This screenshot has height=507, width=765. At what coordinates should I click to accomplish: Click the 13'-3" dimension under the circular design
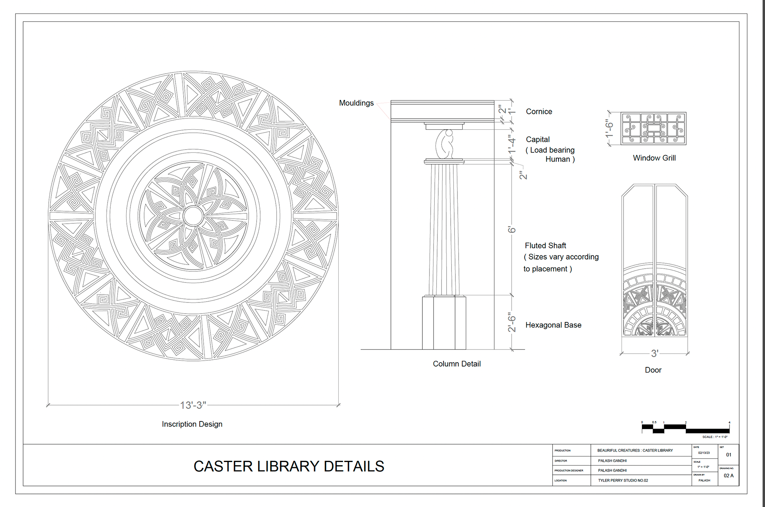click(x=193, y=405)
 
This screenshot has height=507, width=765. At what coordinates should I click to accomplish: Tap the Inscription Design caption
click(x=192, y=424)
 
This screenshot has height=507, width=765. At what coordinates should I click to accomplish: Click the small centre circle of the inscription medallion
click(x=193, y=216)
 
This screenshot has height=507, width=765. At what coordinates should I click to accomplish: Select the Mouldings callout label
click(x=356, y=103)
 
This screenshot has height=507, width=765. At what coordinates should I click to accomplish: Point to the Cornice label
click(x=539, y=112)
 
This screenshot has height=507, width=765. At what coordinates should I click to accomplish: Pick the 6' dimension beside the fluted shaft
click(x=512, y=230)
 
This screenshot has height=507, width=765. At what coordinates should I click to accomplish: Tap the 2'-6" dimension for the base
click(x=512, y=322)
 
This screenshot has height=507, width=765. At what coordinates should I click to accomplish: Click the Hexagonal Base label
click(x=553, y=325)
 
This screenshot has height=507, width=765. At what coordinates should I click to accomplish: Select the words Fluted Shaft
click(x=545, y=246)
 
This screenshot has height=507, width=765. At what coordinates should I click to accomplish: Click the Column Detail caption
click(x=457, y=364)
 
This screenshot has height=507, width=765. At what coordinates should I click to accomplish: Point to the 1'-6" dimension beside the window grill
click(x=609, y=129)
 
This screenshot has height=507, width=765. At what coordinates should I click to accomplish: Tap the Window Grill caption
click(x=654, y=158)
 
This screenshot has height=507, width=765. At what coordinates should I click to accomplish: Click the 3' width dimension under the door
click(x=655, y=353)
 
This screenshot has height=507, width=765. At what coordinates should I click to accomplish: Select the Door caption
click(x=653, y=370)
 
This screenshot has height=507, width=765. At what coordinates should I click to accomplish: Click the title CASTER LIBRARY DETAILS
click(x=289, y=466)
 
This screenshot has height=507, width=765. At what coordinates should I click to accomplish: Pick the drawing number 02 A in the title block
click(x=728, y=476)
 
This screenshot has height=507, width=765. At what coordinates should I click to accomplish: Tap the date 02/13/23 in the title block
click(x=704, y=453)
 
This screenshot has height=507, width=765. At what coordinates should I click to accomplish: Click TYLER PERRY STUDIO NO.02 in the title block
click(x=623, y=480)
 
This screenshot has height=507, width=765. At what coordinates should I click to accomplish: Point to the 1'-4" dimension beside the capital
click(x=512, y=144)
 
